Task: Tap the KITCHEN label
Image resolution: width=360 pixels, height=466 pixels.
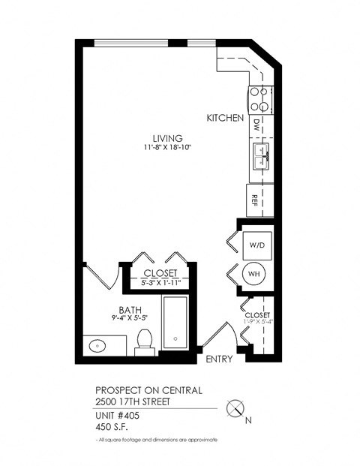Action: [226, 119]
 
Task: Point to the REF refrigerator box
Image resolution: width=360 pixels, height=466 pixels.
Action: [256, 200]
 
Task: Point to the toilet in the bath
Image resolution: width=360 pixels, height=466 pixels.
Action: [145, 343]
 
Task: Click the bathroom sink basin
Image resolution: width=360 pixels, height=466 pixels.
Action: [97, 346]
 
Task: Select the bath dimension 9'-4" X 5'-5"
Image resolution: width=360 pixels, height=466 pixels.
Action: [127, 318]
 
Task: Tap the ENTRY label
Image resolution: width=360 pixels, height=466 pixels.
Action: [219, 359]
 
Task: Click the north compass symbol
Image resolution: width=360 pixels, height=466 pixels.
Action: [235, 409]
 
